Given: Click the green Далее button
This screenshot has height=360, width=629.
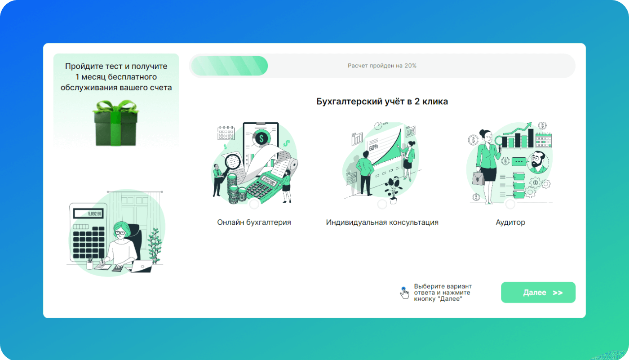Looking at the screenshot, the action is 538,292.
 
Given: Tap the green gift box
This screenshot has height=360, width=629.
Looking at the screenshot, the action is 116,123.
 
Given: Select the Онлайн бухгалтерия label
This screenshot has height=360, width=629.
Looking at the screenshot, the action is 254,222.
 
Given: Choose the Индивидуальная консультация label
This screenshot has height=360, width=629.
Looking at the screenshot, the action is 382,222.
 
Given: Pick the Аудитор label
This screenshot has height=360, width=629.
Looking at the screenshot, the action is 510,222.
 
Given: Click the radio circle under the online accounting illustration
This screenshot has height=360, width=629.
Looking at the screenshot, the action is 254,204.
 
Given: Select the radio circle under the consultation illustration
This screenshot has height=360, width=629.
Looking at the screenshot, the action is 382,204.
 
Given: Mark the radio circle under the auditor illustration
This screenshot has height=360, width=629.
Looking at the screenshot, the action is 510,204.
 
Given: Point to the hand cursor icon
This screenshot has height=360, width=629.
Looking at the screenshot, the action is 404,293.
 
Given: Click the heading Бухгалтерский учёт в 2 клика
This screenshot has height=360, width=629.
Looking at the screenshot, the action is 382,102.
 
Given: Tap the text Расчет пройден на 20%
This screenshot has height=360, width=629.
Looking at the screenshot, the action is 382,66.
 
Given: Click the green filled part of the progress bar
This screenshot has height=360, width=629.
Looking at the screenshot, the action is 230,66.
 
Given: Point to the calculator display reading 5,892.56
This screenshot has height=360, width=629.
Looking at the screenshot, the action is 88,213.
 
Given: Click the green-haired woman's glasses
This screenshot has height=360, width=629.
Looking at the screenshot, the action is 120,233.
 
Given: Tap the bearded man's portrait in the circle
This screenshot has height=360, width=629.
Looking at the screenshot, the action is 538,162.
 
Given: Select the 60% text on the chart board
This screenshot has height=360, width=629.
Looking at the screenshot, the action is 373,147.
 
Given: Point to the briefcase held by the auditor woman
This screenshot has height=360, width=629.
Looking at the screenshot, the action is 478,178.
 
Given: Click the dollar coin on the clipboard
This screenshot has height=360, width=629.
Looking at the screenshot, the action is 261,138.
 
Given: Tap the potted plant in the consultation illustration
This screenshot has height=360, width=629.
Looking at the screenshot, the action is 393,190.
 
